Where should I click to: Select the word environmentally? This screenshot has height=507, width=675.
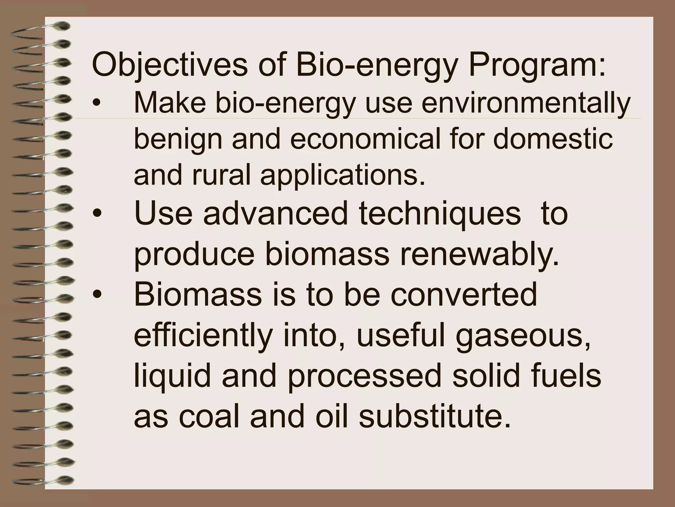pos(526,103)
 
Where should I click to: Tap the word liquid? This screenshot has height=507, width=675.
pos(172,376)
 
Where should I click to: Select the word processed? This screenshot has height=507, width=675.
pos(364,376)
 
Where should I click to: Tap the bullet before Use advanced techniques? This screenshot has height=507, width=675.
pos(96,214)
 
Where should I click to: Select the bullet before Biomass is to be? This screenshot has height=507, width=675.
pos(96,295)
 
